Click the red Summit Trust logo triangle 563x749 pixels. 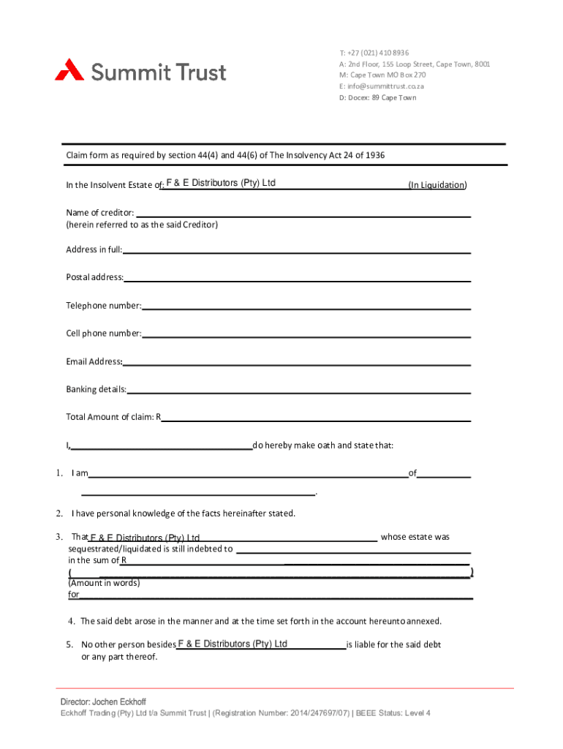(69, 70)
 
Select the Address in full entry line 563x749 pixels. (296, 249)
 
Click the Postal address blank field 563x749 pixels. (297, 277)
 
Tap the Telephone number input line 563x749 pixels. (306, 305)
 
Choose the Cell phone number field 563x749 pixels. (306, 333)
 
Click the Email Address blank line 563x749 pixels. (296, 361)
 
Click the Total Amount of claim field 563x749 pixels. (315, 416)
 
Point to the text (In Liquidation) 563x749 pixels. (437, 185)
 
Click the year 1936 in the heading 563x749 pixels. (375, 155)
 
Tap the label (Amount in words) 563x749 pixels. (104, 584)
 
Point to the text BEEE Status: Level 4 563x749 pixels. (396, 714)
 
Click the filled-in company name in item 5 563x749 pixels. (233, 644)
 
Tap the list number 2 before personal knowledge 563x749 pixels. (58, 513)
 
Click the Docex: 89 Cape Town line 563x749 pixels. (377, 97)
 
